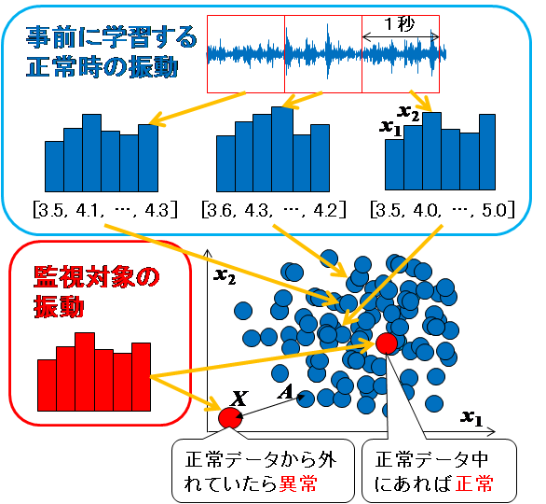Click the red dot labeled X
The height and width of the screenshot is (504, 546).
229,417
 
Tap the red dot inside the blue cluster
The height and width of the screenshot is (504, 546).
387,343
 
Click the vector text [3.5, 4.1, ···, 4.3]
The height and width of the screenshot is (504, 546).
105,210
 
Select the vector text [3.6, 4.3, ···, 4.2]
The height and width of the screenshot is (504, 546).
274,210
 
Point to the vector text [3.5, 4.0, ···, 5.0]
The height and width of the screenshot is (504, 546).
443,210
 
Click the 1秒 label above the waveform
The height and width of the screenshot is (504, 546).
400,24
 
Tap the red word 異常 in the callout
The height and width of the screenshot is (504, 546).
298,483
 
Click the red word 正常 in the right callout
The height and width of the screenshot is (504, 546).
474,483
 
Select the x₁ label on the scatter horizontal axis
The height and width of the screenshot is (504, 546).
471,418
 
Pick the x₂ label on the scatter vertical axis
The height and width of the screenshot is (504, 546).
225,276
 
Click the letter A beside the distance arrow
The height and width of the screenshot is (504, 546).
285,393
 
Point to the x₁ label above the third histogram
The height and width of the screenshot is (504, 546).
390,127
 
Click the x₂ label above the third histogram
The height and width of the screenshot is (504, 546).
408,113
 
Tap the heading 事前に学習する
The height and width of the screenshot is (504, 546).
112,37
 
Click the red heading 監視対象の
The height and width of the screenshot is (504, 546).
97,277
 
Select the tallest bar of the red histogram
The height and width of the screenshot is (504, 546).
85,371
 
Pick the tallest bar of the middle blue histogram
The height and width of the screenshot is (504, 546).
282,149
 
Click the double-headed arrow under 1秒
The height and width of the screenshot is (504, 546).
401,36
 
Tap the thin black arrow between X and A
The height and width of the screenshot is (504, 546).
272,406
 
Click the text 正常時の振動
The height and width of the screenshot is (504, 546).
102,67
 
